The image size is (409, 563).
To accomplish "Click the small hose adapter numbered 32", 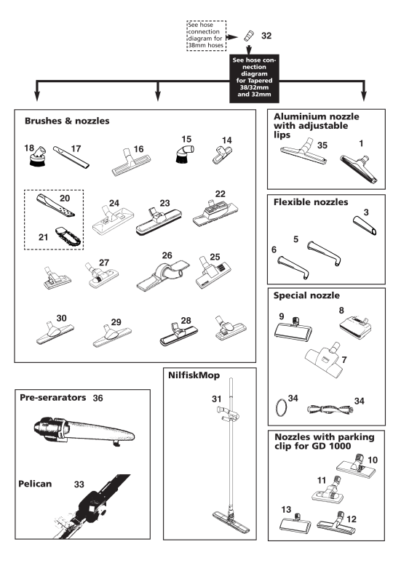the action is click(248, 36).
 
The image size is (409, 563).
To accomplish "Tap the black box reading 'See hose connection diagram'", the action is click(254, 79).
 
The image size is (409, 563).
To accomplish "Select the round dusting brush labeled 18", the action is click(38, 156).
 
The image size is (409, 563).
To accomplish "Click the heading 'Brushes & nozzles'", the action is click(67, 121).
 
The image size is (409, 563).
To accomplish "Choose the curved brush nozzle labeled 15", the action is click(186, 153).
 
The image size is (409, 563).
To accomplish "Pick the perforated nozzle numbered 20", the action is click(55, 205).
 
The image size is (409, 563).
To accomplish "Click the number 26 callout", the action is click(167, 255).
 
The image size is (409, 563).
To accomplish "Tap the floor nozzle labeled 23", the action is click(159, 220).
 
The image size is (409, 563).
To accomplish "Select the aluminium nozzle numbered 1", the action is click(359, 169).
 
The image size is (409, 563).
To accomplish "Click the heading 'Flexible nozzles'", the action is click(311, 202).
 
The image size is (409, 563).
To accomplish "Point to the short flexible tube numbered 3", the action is click(365, 225).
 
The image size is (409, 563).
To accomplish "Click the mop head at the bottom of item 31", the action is click(231, 522).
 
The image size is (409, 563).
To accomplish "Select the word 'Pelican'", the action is click(35, 484).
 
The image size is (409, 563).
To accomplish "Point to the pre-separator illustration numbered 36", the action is click(84, 431).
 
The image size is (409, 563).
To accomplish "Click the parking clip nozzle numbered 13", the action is click(295, 524).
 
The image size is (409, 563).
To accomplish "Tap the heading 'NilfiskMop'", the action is click(194, 375).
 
